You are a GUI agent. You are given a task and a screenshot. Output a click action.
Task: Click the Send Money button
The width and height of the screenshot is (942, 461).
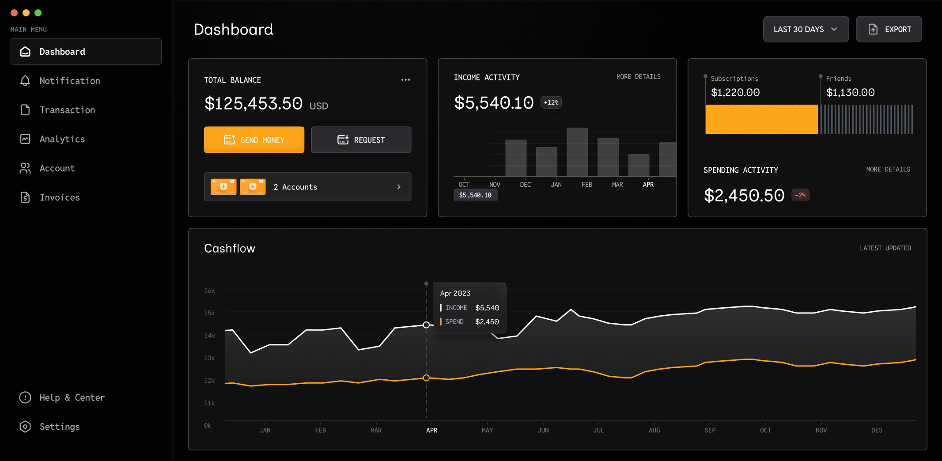point(254,140)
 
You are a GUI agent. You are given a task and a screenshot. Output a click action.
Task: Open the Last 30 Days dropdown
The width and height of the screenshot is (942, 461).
point(806,30)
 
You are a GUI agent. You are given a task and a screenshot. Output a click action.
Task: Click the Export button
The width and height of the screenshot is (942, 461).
point(889,30)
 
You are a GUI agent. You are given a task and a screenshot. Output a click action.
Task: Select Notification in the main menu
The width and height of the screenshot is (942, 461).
point(70,81)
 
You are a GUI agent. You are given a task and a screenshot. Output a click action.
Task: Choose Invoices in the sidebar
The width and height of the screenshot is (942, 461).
point(60,197)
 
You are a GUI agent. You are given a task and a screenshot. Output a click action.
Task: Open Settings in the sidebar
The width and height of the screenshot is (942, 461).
point(60,427)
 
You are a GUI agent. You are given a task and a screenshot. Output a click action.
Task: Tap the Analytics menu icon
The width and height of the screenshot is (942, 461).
point(25,139)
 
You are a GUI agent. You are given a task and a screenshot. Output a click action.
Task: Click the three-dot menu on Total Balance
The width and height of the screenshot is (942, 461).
point(405,80)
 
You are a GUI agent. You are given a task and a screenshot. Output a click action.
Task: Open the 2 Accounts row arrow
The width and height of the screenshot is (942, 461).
point(399,187)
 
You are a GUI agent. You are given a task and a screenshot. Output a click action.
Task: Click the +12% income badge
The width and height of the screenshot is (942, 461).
point(551,102)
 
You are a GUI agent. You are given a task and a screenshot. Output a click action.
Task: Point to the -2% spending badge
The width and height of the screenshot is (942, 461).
point(800,195)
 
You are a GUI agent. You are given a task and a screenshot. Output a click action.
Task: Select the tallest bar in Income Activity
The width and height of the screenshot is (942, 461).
point(577,152)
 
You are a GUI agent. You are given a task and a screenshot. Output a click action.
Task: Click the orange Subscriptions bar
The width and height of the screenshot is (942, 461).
point(761,119)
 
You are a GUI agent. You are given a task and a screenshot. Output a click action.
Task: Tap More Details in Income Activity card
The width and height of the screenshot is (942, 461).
point(638,77)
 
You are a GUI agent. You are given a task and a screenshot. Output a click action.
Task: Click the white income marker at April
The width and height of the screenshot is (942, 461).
point(426,325)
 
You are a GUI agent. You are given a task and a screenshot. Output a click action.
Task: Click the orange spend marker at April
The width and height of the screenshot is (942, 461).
point(426,378)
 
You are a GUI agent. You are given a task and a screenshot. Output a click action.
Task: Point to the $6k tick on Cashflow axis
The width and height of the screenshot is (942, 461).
point(209,291)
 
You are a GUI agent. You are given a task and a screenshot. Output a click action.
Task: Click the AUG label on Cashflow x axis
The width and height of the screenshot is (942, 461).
point(654,430)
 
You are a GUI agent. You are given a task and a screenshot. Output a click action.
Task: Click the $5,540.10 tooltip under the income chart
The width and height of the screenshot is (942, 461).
point(475,195)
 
